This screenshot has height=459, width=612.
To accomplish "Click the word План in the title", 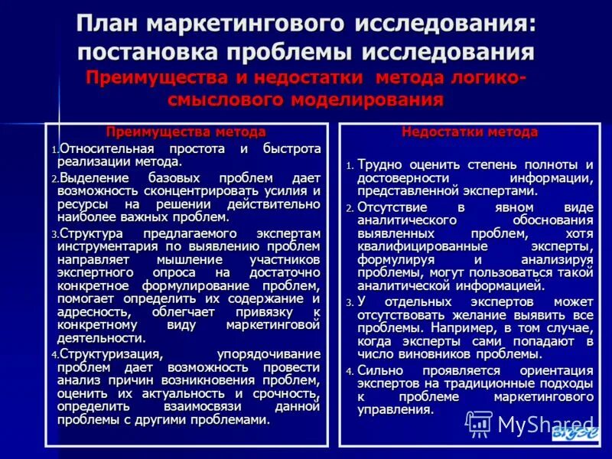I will [114, 24].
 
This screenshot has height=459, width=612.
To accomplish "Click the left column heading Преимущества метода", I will [186, 132].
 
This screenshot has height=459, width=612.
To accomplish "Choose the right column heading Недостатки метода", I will [470, 132].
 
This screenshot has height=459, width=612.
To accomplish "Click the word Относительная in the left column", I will [107, 148].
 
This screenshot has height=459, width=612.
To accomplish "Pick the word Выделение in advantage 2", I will [95, 177].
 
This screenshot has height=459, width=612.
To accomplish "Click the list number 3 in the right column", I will [348, 303].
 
